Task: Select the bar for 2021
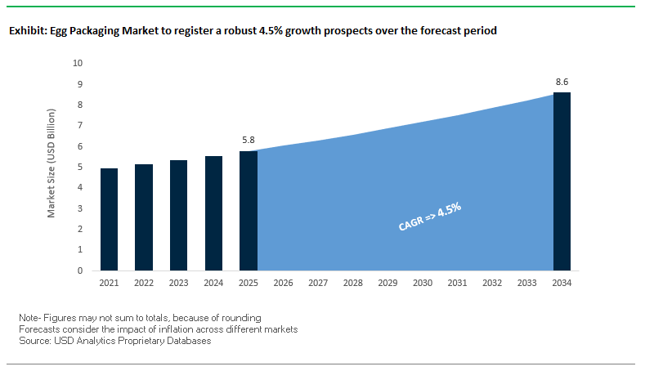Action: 109,219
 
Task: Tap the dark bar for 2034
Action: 562,181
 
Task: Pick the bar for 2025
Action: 248,210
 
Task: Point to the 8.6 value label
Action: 562,83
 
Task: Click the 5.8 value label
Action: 248,141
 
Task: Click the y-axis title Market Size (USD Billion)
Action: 52,166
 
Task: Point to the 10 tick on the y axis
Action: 78,63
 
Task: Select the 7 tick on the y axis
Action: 80,125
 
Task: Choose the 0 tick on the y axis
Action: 80,270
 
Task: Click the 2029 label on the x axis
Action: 387,283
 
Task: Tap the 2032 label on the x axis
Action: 492,283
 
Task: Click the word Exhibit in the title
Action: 25,31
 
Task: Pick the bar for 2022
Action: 143,217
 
